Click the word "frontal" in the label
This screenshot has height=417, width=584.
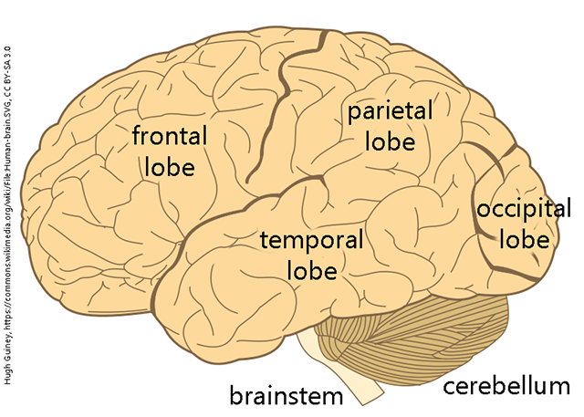tap(171, 139)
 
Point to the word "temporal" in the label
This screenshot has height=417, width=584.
tap(312, 241)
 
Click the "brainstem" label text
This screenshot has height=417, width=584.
tap(286, 395)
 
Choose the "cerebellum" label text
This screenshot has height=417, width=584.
tap(506, 387)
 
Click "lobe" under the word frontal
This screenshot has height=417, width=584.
tap(169, 167)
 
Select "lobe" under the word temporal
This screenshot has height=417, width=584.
tap(312, 270)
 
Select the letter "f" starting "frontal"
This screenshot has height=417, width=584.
tap(138, 139)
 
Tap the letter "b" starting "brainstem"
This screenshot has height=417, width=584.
tap(235, 395)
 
